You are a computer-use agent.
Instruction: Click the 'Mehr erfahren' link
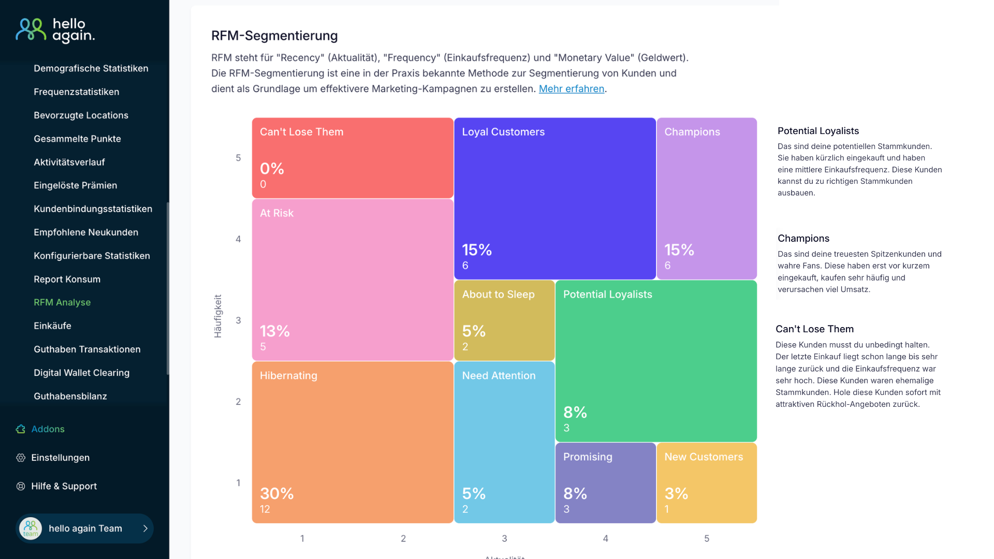pos(571,89)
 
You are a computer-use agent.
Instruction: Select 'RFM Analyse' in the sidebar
pos(62,302)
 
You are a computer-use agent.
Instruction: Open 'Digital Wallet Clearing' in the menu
pos(81,373)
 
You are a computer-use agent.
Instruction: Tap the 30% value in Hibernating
pos(276,493)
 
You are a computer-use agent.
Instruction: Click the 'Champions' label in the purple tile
pos(692,132)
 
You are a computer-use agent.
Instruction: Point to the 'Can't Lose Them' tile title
pos(301,132)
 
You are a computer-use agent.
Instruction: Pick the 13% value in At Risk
pos(274,331)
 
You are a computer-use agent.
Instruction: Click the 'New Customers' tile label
pos(703,457)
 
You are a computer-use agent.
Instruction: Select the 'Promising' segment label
pos(587,457)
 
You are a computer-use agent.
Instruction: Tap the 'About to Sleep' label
pos(498,295)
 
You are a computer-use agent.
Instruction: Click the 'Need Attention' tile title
pos(499,376)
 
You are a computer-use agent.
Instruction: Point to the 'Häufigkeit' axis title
pos(218,316)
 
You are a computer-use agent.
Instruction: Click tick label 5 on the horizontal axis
pos(706,539)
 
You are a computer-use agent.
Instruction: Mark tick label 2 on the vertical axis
pos(238,402)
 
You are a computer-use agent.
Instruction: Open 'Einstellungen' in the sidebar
pos(60,458)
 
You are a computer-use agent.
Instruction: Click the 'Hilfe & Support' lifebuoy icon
pos(21,487)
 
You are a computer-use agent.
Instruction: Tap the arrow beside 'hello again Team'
pos(145,528)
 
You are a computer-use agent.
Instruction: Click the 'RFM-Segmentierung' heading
pos(274,36)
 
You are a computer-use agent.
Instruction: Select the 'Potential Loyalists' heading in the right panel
pos(818,131)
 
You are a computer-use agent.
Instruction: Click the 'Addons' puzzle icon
pos(21,429)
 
